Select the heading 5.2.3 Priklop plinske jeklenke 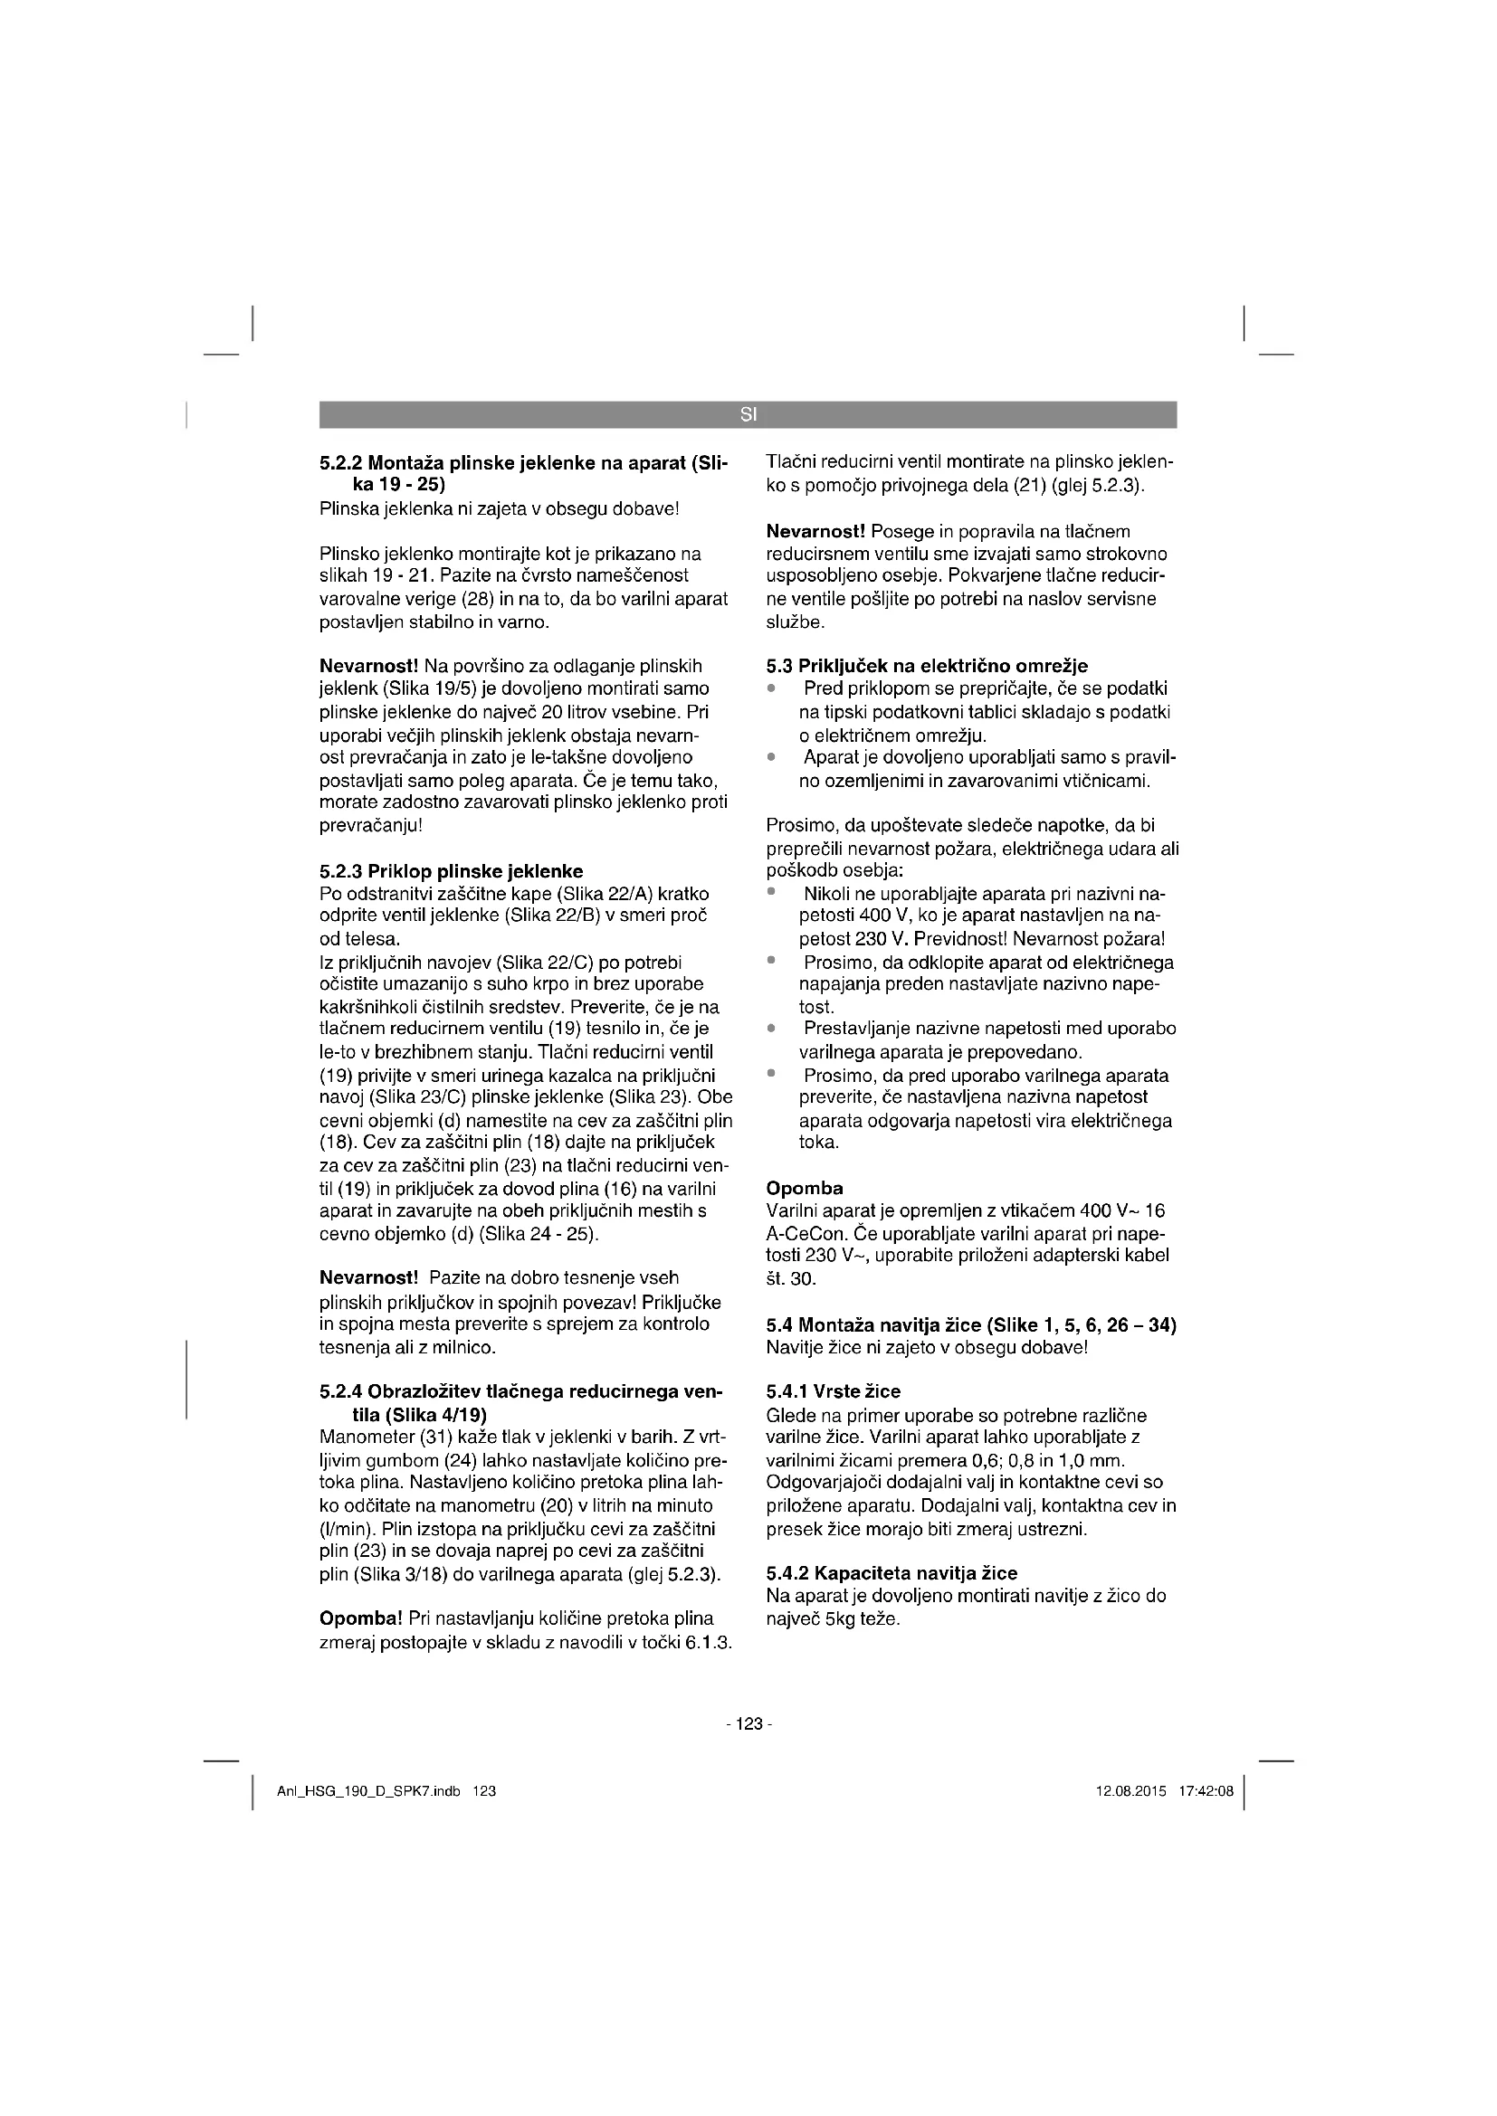tap(451, 871)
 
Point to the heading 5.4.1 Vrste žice tap(834, 1391)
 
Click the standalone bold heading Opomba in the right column tap(804, 1188)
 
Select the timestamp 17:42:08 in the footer tap(1206, 1791)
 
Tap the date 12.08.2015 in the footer tap(1131, 1791)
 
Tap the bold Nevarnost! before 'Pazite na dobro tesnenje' tap(368, 1278)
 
